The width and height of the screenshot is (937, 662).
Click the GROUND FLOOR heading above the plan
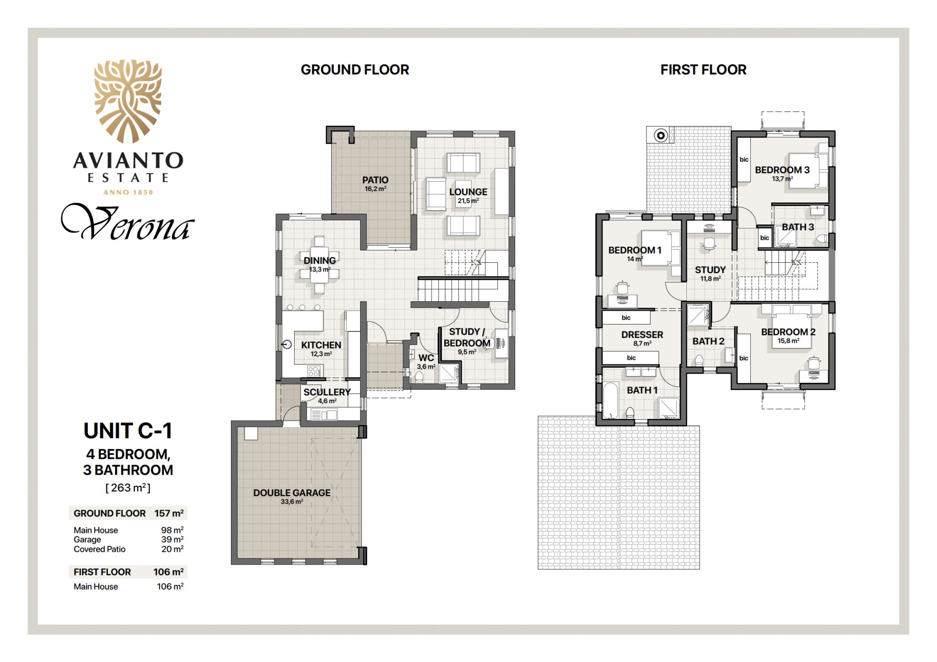(x=355, y=70)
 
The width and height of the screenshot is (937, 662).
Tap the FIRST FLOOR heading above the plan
(x=703, y=70)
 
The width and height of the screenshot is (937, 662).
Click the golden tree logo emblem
(x=128, y=101)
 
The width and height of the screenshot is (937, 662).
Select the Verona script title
(x=128, y=222)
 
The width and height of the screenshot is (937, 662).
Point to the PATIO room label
(x=375, y=180)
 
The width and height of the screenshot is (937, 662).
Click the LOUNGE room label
(x=468, y=192)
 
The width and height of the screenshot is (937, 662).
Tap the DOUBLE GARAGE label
(x=292, y=493)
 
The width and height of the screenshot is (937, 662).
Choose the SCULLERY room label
(x=327, y=392)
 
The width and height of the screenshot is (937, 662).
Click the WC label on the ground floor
(x=426, y=358)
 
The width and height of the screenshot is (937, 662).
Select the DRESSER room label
(x=642, y=335)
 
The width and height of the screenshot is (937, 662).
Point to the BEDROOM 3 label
(x=782, y=170)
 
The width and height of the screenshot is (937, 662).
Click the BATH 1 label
(x=642, y=390)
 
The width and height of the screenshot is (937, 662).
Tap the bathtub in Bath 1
(x=611, y=401)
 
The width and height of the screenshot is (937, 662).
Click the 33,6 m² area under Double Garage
(x=292, y=502)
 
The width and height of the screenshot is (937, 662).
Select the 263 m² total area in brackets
(x=128, y=488)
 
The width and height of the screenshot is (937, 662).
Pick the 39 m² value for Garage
(x=172, y=539)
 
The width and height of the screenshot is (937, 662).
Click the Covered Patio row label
(x=99, y=549)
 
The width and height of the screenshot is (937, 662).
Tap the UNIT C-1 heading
(x=128, y=431)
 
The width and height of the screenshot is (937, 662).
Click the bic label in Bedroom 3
(x=744, y=159)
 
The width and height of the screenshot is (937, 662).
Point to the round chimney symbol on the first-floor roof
(x=660, y=135)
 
